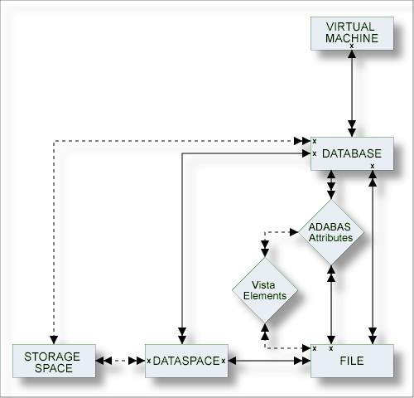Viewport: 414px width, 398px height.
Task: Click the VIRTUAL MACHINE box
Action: point(352,33)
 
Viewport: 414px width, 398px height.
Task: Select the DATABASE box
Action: point(352,153)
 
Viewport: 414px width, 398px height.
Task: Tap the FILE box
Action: point(352,361)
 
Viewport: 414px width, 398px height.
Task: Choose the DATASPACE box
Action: point(186,361)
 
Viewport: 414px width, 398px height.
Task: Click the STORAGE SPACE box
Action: point(54,361)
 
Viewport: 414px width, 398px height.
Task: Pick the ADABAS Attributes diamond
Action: point(331,232)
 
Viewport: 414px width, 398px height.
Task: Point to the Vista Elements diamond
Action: point(265,290)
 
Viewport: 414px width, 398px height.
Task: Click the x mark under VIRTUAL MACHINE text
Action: point(352,46)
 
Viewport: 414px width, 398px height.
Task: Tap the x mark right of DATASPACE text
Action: point(224,361)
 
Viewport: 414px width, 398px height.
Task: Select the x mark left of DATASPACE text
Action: point(149,361)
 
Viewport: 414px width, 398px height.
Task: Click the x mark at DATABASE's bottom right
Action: point(373,166)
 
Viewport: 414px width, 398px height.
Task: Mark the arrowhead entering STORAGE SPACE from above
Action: point(54,340)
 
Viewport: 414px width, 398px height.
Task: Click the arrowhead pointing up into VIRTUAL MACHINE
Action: point(352,54)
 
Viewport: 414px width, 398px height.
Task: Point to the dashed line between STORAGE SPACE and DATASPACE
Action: point(120,361)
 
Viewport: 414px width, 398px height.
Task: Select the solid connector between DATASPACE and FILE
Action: point(269,361)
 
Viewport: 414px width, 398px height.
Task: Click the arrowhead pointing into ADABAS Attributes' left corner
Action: point(294,232)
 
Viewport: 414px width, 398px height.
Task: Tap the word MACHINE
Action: point(352,38)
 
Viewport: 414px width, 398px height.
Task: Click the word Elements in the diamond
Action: point(265,296)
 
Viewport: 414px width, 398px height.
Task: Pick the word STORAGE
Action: point(52,357)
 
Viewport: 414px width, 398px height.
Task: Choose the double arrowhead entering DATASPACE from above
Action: point(182,336)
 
